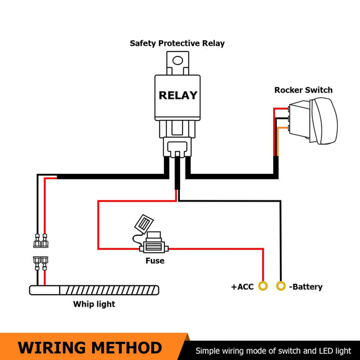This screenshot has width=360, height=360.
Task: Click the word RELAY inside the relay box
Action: point(178,96)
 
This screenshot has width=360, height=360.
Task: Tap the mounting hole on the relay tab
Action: point(178,61)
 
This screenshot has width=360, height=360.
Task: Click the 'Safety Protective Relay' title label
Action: point(177,43)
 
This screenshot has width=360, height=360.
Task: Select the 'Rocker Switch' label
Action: point(304,90)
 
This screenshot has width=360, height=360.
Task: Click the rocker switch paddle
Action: point(324,121)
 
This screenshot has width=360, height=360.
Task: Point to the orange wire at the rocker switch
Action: point(279,140)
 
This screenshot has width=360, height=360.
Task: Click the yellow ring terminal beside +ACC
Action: point(263,286)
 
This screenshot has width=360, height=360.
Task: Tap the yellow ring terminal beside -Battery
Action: point(281,286)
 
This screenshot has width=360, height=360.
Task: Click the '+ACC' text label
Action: point(242,287)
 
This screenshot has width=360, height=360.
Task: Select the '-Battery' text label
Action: point(305,287)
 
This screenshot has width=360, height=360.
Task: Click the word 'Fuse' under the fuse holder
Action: point(155,261)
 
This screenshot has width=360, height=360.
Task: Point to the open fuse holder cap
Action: point(144,224)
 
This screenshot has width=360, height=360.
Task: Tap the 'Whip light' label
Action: point(94,304)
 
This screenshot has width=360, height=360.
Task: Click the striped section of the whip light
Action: point(109,290)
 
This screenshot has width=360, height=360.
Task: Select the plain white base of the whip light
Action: point(45,290)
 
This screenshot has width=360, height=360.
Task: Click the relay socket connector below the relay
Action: point(178,147)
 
